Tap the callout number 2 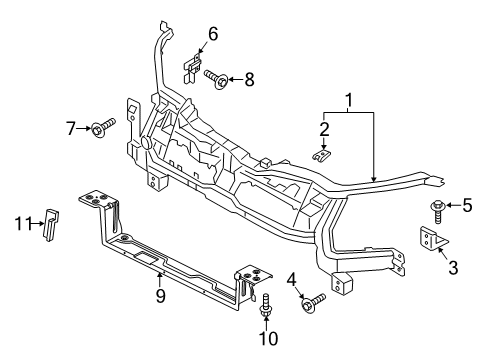click(x=325, y=128)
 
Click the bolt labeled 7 click(x=102, y=126)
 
